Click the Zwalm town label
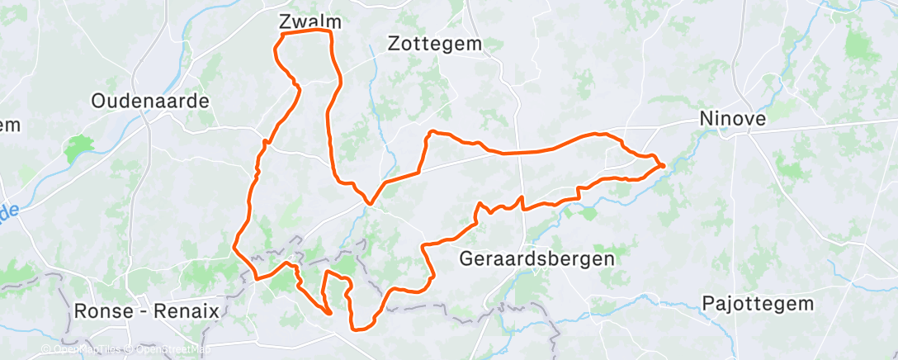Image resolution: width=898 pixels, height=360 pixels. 311,21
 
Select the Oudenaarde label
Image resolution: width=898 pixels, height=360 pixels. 150,101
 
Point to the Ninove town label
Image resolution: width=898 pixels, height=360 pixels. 732,119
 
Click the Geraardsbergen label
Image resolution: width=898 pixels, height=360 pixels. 537,258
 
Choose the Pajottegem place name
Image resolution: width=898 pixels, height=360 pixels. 758,303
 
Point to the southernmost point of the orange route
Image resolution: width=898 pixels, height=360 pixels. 358,329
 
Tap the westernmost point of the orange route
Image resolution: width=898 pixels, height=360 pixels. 234,245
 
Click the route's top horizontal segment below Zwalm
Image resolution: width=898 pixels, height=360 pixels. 306,33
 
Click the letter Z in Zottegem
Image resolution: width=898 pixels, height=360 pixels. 395,45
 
